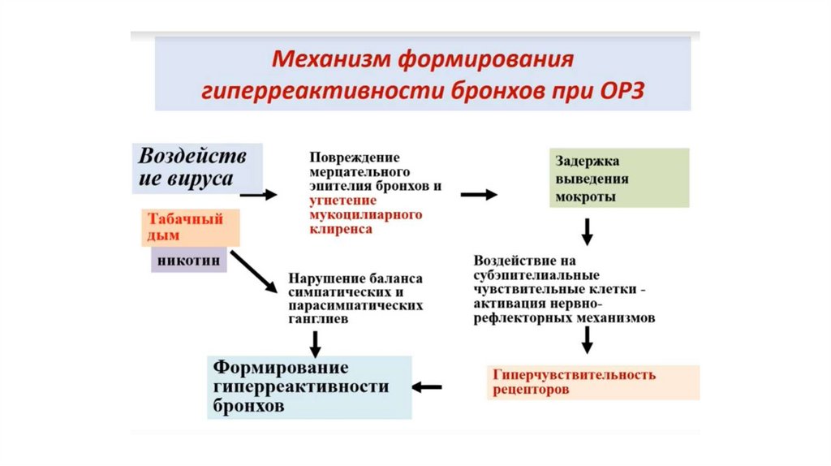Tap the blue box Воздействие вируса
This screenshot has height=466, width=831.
pos(196,166)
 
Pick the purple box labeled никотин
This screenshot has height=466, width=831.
pos(188,261)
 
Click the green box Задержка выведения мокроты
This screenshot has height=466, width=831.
pos(619,177)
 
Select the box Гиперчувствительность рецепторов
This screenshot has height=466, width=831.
pos(595,382)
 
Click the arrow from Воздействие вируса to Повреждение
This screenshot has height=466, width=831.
pos(258,195)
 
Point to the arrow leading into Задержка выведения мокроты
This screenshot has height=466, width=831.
pos(479,195)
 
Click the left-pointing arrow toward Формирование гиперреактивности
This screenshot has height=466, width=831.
pos(427,386)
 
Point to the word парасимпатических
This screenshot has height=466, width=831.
pos(355,306)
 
